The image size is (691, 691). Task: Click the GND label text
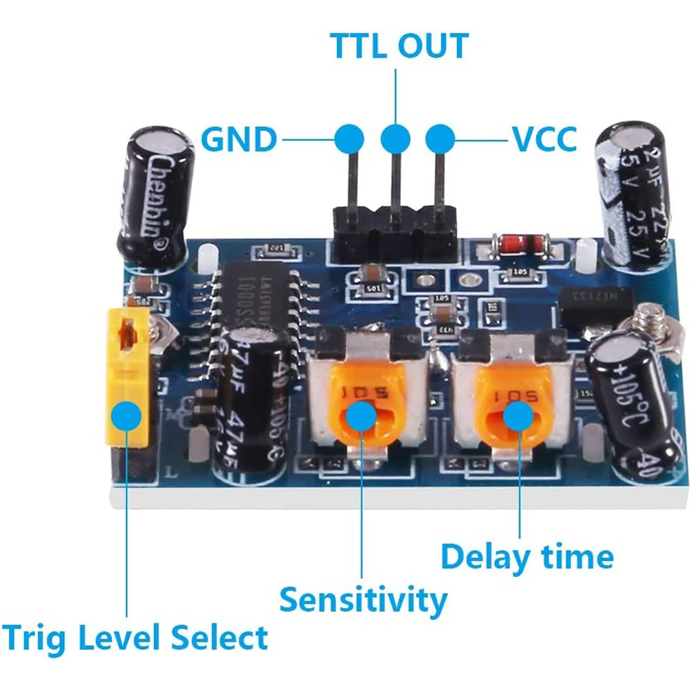click(239, 139)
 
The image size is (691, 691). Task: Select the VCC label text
click(544, 139)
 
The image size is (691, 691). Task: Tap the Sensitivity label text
click(363, 600)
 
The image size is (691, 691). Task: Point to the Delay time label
click(527, 557)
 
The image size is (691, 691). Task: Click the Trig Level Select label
click(135, 639)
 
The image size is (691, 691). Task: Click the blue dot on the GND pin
click(351, 137)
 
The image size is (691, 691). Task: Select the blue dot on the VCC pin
click(441, 137)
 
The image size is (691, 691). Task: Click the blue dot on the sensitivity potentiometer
click(362, 415)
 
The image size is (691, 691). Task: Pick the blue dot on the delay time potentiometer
click(519, 415)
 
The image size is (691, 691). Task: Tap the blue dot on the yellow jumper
click(128, 416)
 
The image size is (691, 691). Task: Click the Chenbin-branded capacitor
click(156, 195)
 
